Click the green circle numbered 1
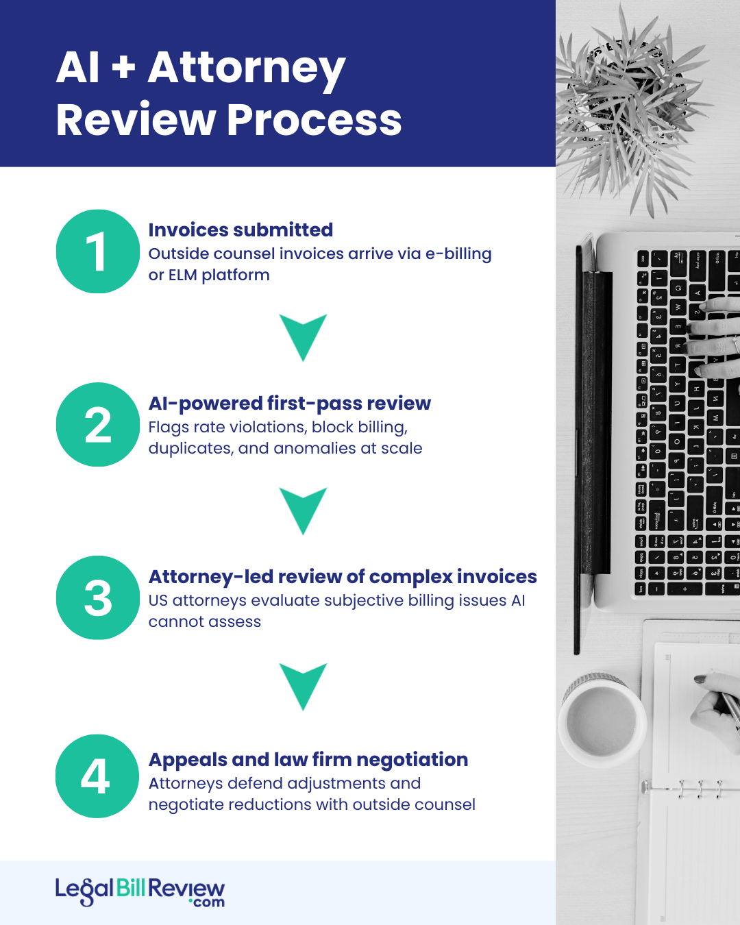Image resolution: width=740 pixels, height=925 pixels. [x=97, y=251]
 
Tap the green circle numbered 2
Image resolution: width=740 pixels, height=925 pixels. [x=97, y=425]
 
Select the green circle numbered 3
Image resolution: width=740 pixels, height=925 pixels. [x=97, y=597]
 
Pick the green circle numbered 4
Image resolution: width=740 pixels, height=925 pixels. [x=97, y=776]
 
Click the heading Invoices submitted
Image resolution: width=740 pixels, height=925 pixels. [x=241, y=230]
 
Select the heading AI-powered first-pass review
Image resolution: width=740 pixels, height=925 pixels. [x=289, y=404]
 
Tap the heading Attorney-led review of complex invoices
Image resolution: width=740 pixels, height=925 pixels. [x=342, y=577]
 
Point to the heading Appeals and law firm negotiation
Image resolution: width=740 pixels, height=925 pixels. [x=308, y=760]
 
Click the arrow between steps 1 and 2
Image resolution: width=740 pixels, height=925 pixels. [x=303, y=336]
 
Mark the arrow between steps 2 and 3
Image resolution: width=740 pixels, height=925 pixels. [x=303, y=510]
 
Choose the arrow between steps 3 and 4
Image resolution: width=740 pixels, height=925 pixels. [x=303, y=685]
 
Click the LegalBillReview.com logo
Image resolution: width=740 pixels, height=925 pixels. [x=140, y=892]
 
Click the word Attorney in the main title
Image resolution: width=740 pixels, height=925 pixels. [x=246, y=69]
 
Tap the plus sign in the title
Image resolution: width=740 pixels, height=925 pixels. [x=123, y=68]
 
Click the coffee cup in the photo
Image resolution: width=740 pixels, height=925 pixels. [x=601, y=719]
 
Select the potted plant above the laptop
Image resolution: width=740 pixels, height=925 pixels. [x=627, y=103]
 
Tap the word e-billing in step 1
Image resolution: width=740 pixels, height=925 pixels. [x=458, y=254]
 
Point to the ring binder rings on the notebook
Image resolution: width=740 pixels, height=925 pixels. [x=699, y=789]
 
